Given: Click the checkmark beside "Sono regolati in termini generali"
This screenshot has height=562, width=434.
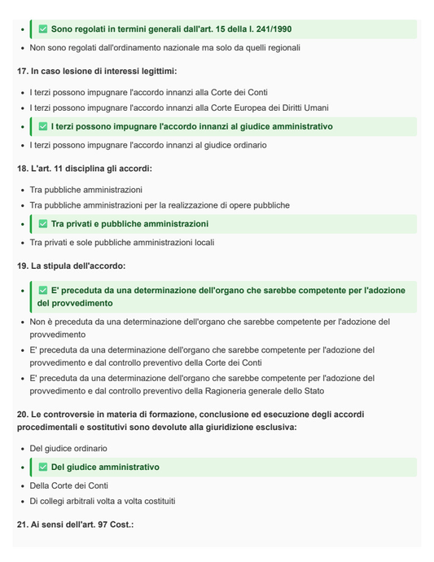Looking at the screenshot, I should coord(43,29).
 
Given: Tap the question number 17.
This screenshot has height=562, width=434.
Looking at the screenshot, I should coord(23,71).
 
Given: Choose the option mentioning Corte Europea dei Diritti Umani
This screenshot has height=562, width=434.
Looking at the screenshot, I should coord(179,108).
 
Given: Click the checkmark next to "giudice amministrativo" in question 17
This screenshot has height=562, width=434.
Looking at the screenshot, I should coord(43,127).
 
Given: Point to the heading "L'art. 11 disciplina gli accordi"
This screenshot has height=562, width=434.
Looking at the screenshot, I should coord(91,169).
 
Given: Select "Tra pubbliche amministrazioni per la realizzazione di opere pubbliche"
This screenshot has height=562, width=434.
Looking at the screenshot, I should coord(160,205).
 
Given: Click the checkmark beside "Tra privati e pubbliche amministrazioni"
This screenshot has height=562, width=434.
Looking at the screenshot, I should coord(43,224).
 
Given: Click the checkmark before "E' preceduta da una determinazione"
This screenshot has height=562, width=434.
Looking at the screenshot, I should coord(43,290).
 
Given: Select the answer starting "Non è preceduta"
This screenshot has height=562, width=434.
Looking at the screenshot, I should coord(209,323).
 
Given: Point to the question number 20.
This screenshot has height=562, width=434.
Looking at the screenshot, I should coord(23,415).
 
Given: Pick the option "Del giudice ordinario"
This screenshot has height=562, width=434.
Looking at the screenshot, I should coord(68,448).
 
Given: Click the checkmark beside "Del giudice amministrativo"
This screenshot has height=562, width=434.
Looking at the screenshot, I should coord(43,468).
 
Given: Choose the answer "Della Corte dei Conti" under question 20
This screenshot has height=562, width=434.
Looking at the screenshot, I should coord(69,485).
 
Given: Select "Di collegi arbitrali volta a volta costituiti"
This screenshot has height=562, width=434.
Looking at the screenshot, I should coord(103,501).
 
